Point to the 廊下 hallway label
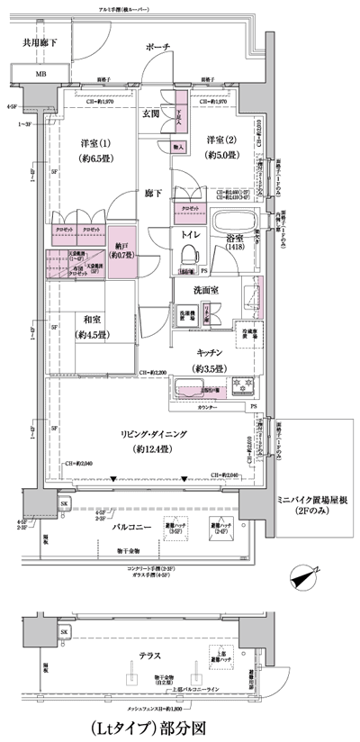(x=153, y=193)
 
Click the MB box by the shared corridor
(x=41, y=74)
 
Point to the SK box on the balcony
(x=64, y=502)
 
